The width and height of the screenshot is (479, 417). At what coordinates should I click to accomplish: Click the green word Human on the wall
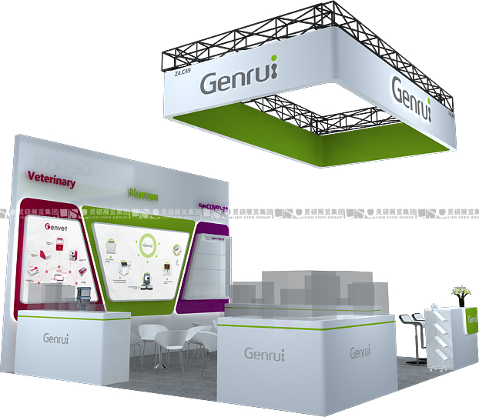[143, 196]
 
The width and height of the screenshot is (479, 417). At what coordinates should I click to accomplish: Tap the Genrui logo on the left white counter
[56, 338]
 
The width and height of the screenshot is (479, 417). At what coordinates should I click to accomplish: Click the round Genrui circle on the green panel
[148, 247]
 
